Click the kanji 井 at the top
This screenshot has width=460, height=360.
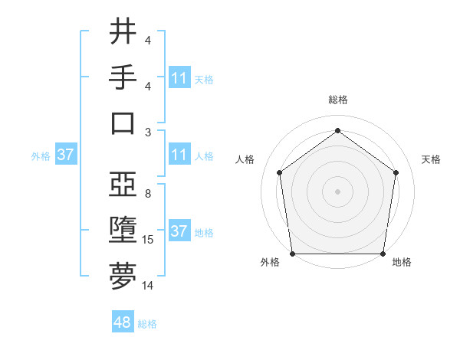pyautogui.click(x=123, y=33)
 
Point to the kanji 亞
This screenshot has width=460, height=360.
pyautogui.click(x=123, y=185)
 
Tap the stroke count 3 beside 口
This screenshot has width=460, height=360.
pyautogui.click(x=148, y=132)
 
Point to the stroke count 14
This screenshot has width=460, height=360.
pyautogui.click(x=148, y=286)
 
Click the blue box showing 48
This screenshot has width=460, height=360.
pyautogui.click(x=123, y=322)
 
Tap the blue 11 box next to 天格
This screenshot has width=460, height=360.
pyautogui.click(x=179, y=77)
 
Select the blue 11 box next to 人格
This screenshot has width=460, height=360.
pyautogui.click(x=179, y=155)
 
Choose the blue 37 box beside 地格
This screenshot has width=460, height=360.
pyautogui.click(x=179, y=231)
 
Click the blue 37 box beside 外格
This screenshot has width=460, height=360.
pyautogui.click(x=66, y=155)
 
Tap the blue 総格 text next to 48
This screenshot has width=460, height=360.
pyautogui.click(x=148, y=324)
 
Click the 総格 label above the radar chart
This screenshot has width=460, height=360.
pyautogui.click(x=337, y=100)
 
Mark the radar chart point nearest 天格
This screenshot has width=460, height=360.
pyautogui.click(x=396, y=172)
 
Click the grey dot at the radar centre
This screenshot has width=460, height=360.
pyautogui.click(x=337, y=191)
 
